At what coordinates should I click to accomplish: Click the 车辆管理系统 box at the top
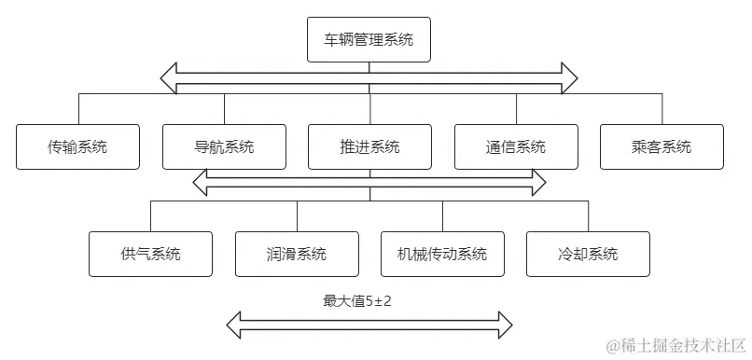(369, 40)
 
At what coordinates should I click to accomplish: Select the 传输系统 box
(77, 146)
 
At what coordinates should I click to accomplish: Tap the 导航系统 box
(224, 146)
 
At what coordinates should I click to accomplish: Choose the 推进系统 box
(369, 146)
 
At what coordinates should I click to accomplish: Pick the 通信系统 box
(516, 146)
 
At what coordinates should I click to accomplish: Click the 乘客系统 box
(661, 146)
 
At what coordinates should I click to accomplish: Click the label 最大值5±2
(362, 301)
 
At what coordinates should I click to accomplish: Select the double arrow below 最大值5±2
(369, 325)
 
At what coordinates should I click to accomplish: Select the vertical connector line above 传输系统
(77, 108)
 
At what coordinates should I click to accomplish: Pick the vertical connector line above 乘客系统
(661, 108)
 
